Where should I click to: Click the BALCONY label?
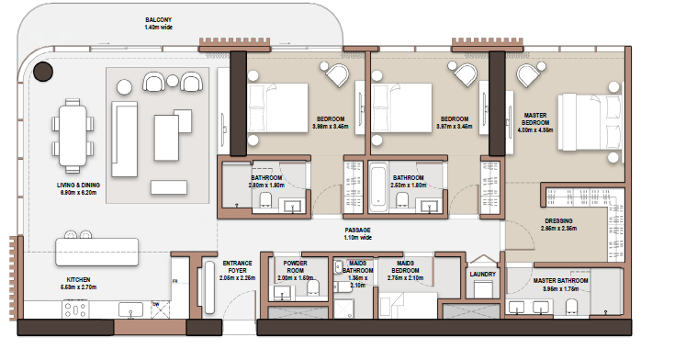click(158, 19)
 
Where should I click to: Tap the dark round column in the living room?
click(43, 72)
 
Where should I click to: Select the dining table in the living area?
click(73, 136)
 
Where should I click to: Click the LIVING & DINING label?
click(78, 185)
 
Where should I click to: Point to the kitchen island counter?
click(96, 252)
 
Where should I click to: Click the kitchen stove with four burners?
click(75, 310)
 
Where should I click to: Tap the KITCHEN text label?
click(79, 279)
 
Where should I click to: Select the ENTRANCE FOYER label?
click(237, 267)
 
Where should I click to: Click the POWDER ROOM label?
click(296, 267)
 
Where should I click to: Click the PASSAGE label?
click(357, 231)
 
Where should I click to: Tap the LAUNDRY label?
click(482, 275)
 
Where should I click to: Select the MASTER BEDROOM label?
click(535, 119)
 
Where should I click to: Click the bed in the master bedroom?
click(590, 122)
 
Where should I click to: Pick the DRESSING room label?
click(558, 221)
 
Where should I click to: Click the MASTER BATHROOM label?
click(560, 280)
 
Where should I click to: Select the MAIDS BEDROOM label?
click(405, 267)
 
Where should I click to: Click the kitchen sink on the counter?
click(130, 309)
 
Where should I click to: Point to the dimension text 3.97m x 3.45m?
click(455, 127)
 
